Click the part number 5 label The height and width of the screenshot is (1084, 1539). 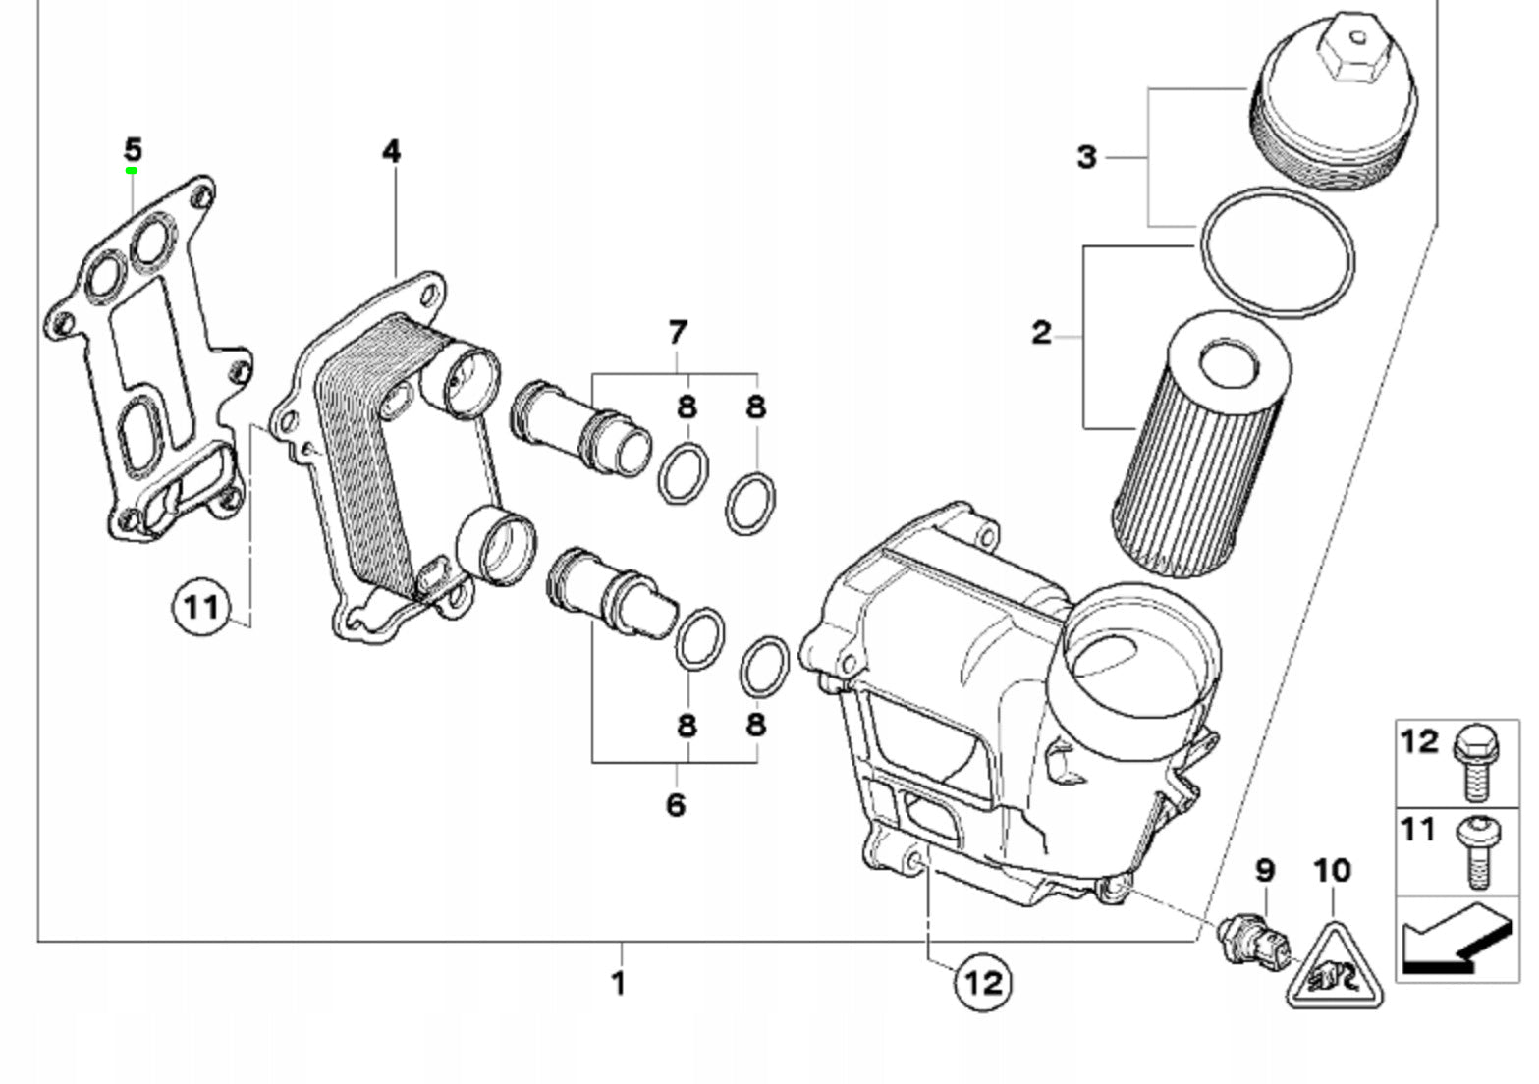click(133, 150)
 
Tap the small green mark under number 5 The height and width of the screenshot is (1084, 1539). click(131, 171)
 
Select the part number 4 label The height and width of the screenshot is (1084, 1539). click(392, 151)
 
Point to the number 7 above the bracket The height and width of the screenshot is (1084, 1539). click(677, 333)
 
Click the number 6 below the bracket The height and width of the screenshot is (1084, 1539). click(676, 805)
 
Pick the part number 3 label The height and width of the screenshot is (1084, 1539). click(1086, 157)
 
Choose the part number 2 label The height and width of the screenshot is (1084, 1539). click(1041, 333)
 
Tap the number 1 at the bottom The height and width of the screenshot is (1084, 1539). click(619, 982)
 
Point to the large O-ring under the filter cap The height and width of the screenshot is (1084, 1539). click(1277, 252)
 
